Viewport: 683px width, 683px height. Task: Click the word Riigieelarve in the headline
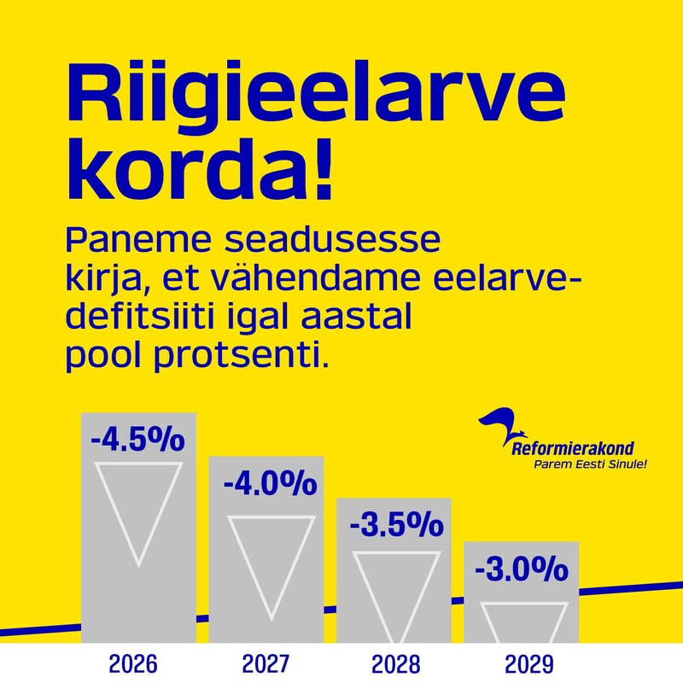pos(316,95)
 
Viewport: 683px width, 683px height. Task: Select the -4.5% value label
pos(137,439)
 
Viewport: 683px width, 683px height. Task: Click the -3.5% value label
pos(396,524)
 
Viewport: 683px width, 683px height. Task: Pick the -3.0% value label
pos(522,568)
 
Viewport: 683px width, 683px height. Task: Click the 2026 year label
pos(133,664)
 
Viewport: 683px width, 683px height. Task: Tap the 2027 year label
pos(266,664)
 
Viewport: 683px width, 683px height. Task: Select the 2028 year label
pos(395,664)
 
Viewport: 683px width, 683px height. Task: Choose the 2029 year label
pos(528,664)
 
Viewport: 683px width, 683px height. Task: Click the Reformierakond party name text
pos(572,449)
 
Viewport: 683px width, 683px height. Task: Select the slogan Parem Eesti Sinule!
pos(590,464)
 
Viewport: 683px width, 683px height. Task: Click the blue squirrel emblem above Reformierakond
pos(501,423)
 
